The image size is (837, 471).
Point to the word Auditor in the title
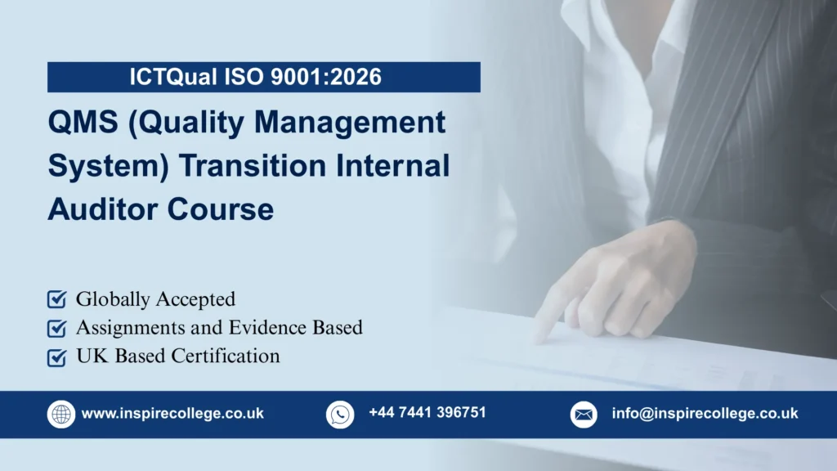coord(103,209)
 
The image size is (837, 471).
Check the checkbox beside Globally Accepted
coord(57,299)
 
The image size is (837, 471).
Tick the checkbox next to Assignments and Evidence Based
coord(57,328)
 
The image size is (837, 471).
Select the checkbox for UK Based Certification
coord(57,357)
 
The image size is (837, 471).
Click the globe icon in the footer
coord(61,414)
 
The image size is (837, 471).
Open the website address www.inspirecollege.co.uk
coord(172,414)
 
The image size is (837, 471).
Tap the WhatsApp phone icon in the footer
coord(340,414)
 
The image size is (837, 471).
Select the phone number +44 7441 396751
coord(427,413)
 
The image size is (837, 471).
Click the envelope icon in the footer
coord(584,414)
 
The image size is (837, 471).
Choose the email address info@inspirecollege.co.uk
coord(705,414)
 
